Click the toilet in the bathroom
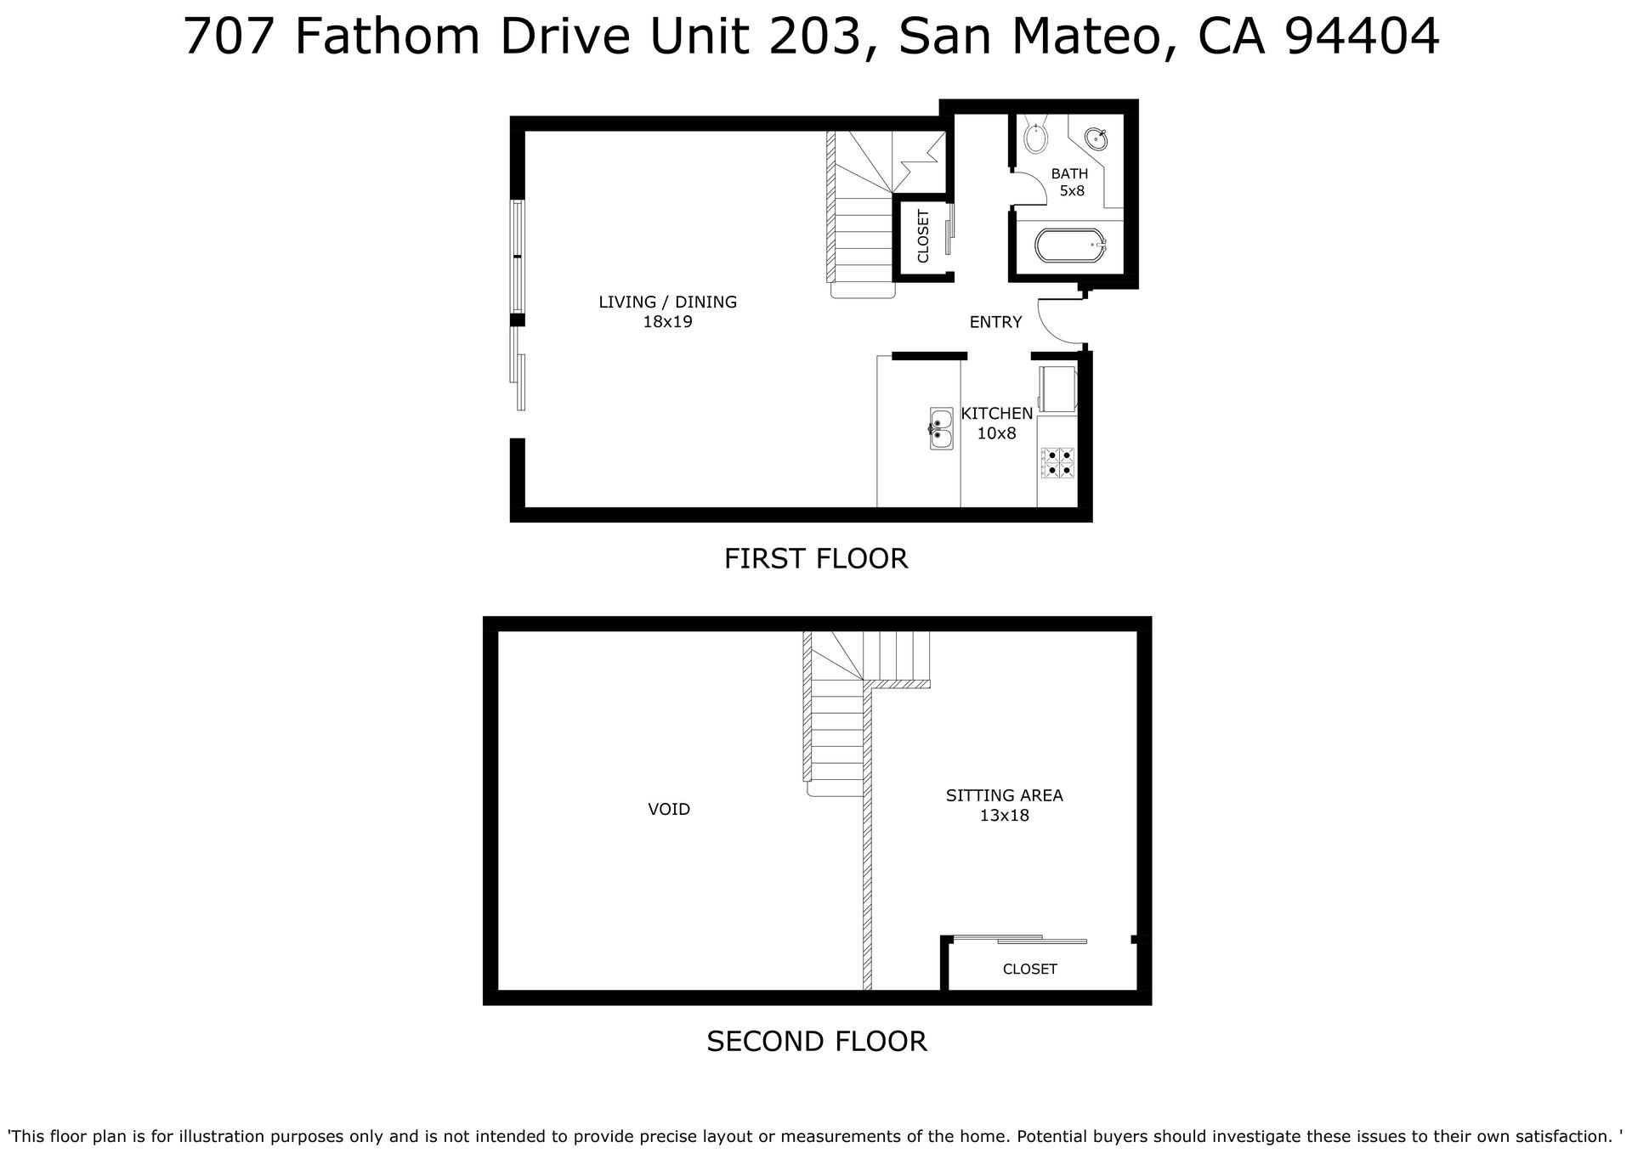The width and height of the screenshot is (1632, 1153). click(1035, 135)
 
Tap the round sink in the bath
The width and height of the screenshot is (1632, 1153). click(1096, 136)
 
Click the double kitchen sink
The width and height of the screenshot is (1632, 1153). click(941, 428)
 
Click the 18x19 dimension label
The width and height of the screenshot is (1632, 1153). click(667, 322)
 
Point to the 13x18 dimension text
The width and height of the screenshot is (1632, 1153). click(1005, 816)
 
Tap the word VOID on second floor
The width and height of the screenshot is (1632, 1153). click(669, 810)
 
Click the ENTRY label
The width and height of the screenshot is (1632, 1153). click(995, 322)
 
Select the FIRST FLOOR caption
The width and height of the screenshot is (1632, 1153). click(816, 558)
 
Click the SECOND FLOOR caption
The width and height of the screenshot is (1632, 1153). click(817, 1041)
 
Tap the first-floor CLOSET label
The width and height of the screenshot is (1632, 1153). click(923, 236)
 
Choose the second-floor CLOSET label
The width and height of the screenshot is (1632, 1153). click(1030, 969)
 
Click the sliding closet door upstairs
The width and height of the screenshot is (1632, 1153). click(1020, 939)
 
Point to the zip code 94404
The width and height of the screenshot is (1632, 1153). click(1362, 36)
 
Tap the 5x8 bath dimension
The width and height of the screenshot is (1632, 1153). click(1072, 191)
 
